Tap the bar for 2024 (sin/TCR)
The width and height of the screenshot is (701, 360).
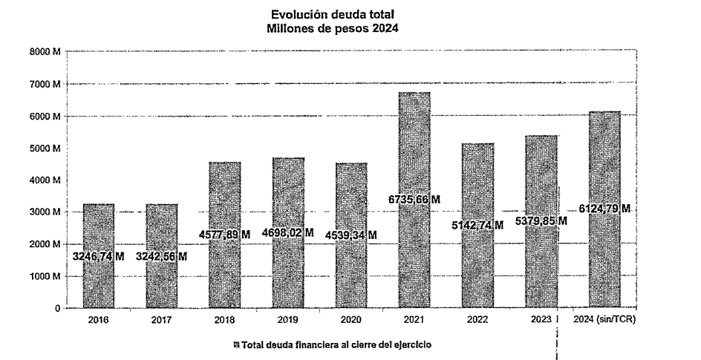tap(604, 171)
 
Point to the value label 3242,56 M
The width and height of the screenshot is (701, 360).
tap(161, 256)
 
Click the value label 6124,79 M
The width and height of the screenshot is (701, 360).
tap(604, 209)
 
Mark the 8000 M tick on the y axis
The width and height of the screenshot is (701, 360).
tap(45, 52)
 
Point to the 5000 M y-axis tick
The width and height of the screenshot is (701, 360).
tap(45, 148)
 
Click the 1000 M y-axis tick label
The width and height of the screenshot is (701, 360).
tap(45, 276)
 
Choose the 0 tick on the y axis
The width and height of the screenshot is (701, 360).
tap(56, 308)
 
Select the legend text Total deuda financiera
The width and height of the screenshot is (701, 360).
tap(335, 344)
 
